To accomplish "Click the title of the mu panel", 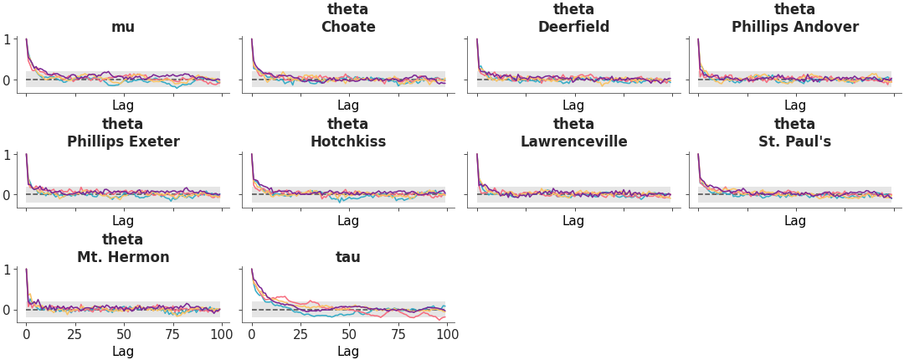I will click(x=123, y=27).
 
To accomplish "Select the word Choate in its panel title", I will click(x=348, y=27).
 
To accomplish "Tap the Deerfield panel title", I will click(x=573, y=27).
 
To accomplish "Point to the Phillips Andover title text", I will click(x=794, y=27).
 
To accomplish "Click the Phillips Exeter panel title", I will click(x=123, y=141).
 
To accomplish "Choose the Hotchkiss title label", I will click(x=348, y=141).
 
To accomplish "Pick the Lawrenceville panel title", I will click(x=573, y=141).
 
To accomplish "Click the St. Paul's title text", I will click(x=794, y=141).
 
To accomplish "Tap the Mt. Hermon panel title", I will click(x=123, y=257).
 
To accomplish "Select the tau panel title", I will click(x=348, y=257).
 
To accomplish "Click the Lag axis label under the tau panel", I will click(x=348, y=352).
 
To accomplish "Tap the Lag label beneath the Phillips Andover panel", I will click(x=794, y=105).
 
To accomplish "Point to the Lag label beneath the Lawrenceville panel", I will click(x=573, y=221).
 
